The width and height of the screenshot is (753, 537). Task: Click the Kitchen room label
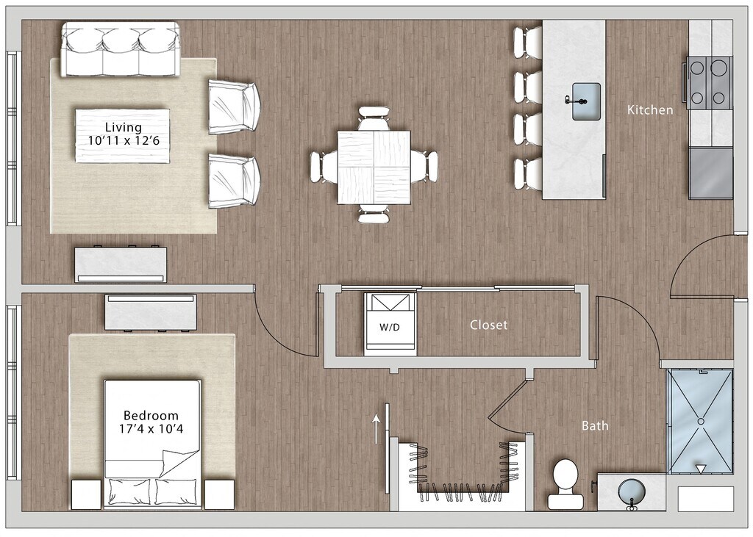tap(650, 110)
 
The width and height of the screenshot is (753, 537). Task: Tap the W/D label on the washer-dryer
tap(390, 328)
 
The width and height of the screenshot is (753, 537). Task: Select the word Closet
tap(488, 325)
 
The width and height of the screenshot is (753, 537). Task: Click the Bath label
tap(595, 425)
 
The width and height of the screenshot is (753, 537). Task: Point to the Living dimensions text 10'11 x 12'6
tap(124, 140)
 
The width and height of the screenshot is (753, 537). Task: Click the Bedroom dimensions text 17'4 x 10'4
tap(151, 428)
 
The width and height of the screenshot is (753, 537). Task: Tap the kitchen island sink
tap(586, 101)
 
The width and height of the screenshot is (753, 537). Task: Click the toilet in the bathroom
tap(565, 483)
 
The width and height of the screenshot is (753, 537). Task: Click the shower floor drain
tap(701, 421)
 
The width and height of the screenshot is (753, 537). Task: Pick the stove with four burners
tap(708, 82)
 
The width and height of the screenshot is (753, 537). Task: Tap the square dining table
tap(374, 167)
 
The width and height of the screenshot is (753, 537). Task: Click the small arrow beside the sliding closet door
tap(376, 430)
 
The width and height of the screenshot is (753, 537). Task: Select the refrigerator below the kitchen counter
tap(711, 173)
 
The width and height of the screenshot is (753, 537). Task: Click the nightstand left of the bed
tap(87, 494)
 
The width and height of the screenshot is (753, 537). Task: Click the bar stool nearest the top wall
tap(527, 43)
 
